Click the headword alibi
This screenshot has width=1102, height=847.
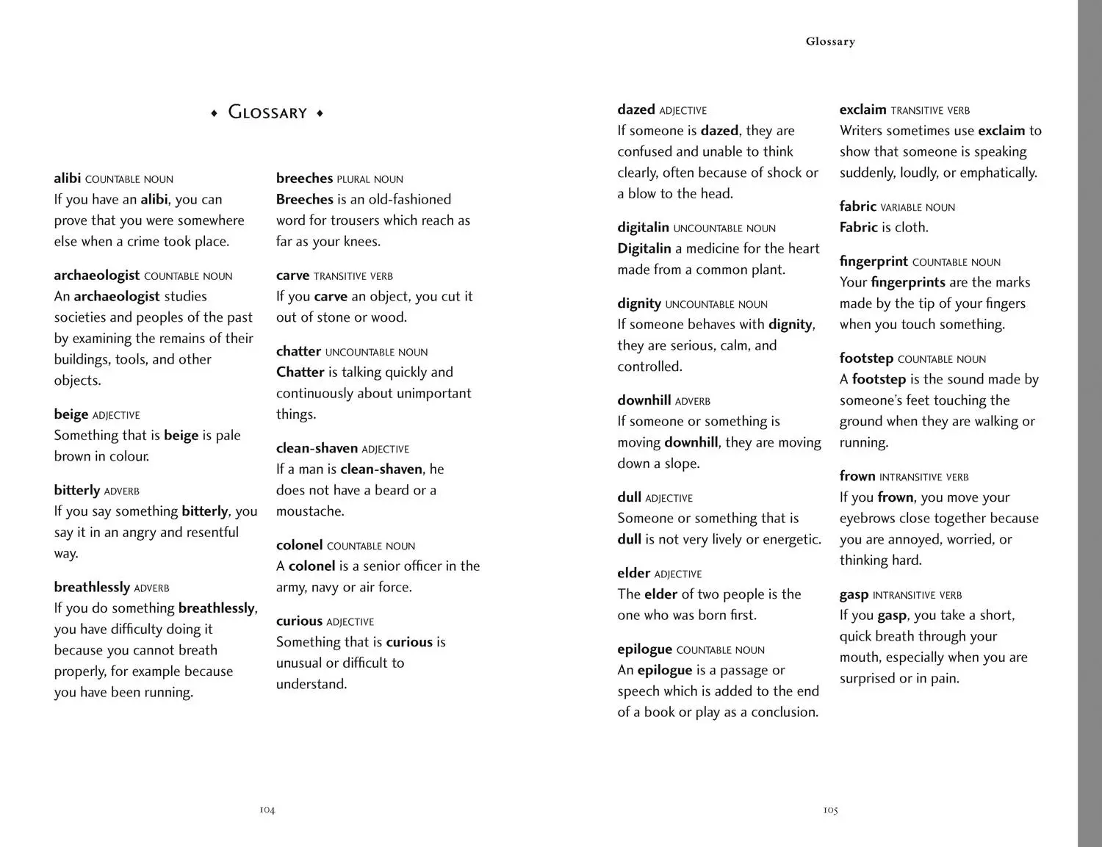pos(67,179)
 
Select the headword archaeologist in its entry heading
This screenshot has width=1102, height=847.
pos(96,275)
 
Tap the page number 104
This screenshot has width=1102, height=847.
pos(267,810)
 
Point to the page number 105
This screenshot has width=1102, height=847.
pos(830,810)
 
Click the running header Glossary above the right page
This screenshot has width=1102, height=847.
pos(830,42)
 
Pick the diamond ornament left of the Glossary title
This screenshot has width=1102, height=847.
pos(214,113)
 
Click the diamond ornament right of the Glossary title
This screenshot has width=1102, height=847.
pos(320,113)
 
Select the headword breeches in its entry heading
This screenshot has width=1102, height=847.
pos(304,179)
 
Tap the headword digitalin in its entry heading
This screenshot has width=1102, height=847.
pos(643,228)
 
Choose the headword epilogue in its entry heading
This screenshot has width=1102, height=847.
pos(644,649)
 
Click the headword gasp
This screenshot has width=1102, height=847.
pos(854,595)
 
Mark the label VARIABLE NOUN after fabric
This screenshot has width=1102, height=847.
pos(918,208)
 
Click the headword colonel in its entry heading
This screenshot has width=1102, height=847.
pos(299,545)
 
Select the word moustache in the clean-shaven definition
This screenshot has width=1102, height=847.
pos(309,511)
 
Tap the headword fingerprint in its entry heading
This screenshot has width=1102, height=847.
pos(874,262)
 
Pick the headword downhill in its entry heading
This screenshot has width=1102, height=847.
pos(644,400)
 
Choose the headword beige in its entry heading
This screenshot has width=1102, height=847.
pos(71,414)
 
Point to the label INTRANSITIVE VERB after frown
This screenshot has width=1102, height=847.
pos(923,477)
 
